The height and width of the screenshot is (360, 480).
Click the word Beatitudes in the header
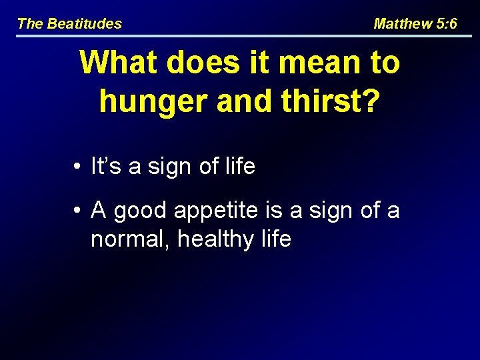pyautogui.click(x=84, y=24)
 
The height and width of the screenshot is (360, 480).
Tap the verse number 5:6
pyautogui.click(x=446, y=24)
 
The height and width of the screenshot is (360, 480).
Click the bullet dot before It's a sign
pyautogui.click(x=78, y=167)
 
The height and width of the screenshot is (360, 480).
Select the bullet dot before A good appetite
pyautogui.click(x=78, y=211)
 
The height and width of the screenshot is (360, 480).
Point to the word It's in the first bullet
pyautogui.click(x=106, y=166)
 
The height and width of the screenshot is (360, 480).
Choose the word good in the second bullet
pyautogui.click(x=141, y=211)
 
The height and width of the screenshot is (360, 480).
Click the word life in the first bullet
pyautogui.click(x=240, y=166)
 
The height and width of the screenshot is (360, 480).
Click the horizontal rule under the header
pyautogui.click(x=240, y=35)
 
